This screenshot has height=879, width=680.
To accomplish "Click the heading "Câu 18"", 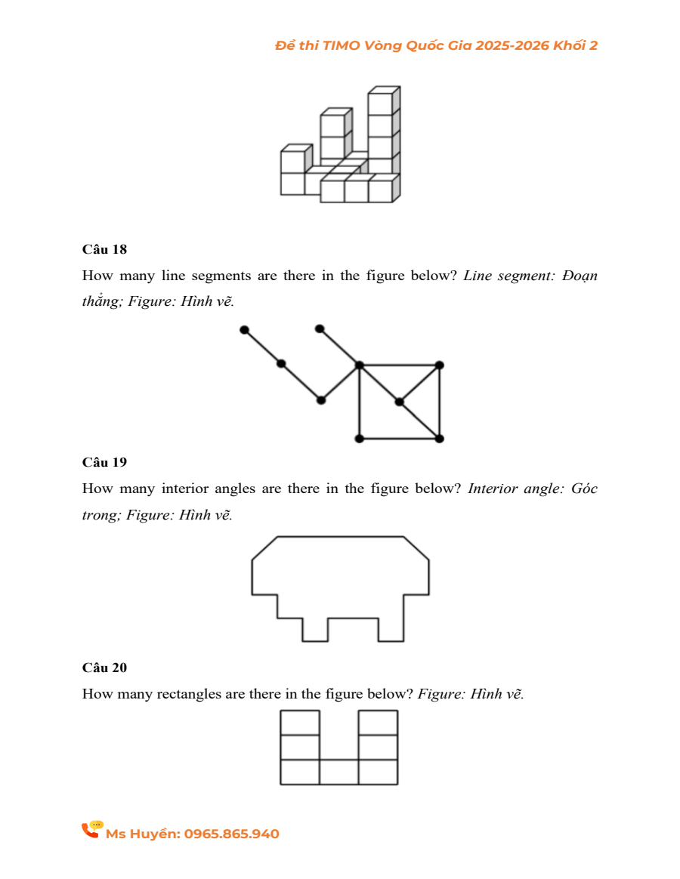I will coord(104,249).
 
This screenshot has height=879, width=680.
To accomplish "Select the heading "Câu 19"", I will coord(104,462).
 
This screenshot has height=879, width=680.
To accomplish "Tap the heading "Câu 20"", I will coord(104,668).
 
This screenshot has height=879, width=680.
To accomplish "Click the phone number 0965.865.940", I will coord(231,834).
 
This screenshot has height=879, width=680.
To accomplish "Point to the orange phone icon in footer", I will coord(91,830).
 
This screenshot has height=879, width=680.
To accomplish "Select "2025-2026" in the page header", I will coord(512,46).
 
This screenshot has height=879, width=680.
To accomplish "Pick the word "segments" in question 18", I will coord(221,276).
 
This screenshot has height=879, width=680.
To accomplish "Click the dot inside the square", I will coord(399,402).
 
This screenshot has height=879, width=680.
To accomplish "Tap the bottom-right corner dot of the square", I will coord(440,439).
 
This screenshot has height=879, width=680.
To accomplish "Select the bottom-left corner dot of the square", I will coord(359,439).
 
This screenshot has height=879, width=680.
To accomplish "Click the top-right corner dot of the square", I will coord(440,365).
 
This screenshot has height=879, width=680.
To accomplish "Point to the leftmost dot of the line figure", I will coord(243,330).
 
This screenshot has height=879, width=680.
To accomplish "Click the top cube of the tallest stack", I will coord(381,103).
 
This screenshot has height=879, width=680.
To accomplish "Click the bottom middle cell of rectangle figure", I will coord(338,773).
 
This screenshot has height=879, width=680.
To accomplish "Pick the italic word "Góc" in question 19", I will coord(584,489).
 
